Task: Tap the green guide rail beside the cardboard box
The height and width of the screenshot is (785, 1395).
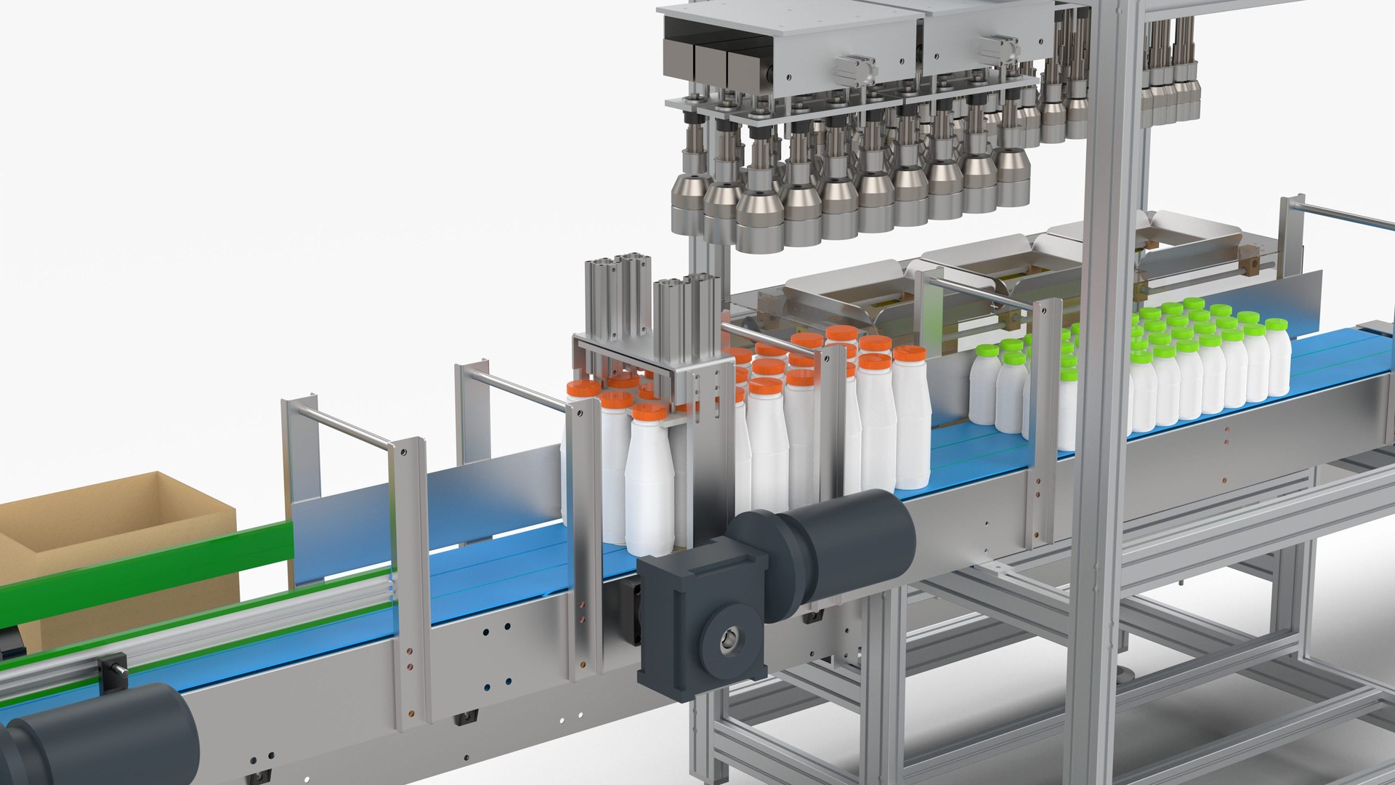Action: pyautogui.click(x=145, y=563)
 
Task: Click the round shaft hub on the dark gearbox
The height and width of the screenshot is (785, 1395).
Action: pyautogui.click(x=729, y=640)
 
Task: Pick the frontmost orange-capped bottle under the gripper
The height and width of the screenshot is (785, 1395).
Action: pyautogui.click(x=649, y=480)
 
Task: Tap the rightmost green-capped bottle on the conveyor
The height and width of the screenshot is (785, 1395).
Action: pyautogui.click(x=1277, y=360)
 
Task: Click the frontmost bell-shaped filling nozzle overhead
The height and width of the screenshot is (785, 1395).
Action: pyautogui.click(x=760, y=218)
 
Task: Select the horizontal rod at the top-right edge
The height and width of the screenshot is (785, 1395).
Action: pyautogui.click(x=1344, y=216)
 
